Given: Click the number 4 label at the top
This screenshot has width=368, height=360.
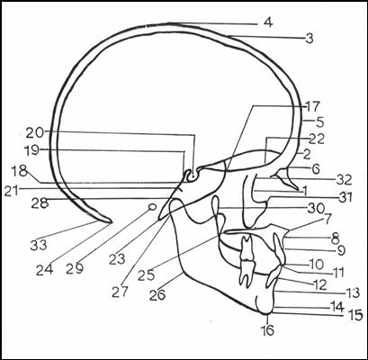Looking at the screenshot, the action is [268, 22].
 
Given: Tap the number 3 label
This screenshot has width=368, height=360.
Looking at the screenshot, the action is [310, 38].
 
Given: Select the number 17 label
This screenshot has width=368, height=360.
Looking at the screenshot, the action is [312, 106].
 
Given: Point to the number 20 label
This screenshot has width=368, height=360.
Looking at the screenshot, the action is [35, 132].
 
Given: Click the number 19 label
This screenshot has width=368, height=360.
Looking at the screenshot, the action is [32, 150].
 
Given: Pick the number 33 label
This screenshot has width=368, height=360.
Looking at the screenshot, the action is [39, 246].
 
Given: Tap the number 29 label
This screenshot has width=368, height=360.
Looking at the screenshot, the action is [75, 269].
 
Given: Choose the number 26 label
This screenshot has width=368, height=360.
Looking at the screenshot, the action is [157, 295].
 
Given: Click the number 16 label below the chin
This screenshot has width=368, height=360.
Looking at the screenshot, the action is [267, 330].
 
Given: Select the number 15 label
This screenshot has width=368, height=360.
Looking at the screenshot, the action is [356, 315].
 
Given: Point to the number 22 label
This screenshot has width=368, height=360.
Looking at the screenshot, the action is [316, 139].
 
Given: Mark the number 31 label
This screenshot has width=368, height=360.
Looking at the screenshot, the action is [345, 197].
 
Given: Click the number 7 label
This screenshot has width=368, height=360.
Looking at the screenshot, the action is [327, 219].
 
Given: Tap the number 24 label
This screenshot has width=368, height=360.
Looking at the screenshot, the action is [45, 270].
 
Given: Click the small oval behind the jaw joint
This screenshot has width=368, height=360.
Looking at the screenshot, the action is [152, 206].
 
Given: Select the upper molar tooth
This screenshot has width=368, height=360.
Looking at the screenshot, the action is [247, 247].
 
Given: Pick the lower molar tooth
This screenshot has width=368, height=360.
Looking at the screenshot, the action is [247, 273].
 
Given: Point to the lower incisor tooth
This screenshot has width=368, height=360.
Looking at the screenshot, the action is [274, 275].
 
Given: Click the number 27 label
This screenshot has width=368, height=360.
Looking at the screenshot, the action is [120, 292].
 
